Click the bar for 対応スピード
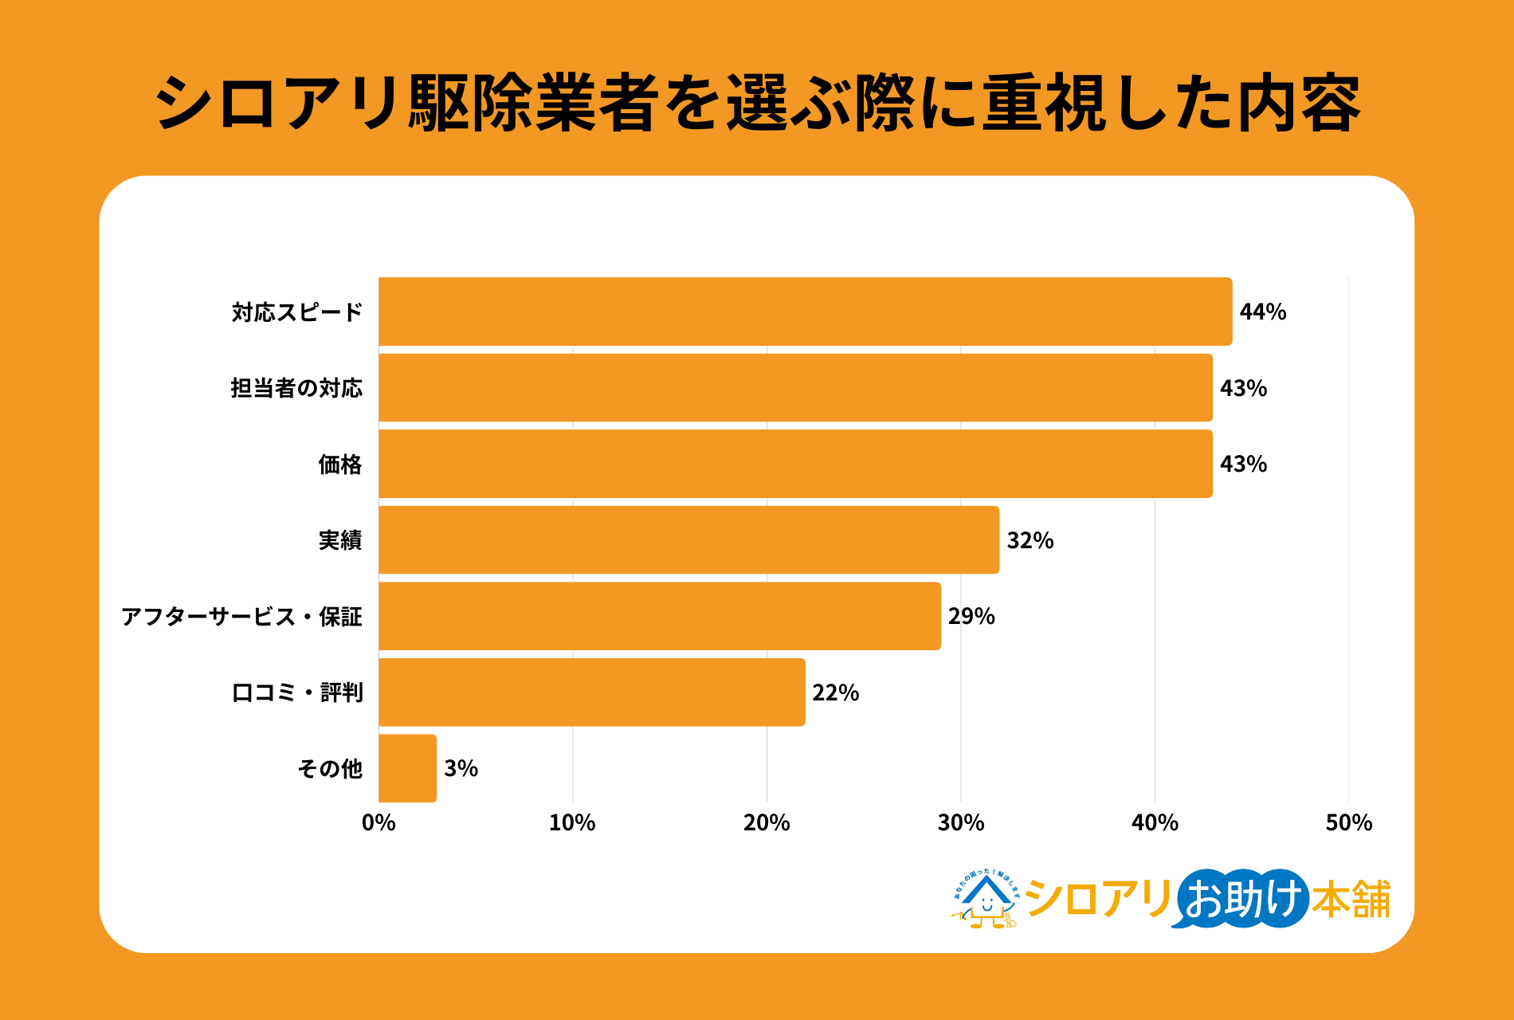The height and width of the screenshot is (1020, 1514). tap(805, 312)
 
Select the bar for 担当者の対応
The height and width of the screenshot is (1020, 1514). tap(795, 388)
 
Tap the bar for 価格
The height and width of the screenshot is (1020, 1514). tap(795, 464)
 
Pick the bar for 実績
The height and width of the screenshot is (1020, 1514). tap(688, 540)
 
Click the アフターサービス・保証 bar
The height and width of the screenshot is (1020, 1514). tap(660, 616)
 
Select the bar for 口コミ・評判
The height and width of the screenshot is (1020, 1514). tap(591, 692)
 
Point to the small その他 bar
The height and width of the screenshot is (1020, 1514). tap(407, 768)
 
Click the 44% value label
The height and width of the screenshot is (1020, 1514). tap(1262, 312)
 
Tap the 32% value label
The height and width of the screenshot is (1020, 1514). tap(1030, 540)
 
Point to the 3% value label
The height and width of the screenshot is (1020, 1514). tap(461, 768)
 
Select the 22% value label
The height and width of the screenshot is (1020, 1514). tap(835, 692)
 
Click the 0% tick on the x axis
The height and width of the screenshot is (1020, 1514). tap(378, 822)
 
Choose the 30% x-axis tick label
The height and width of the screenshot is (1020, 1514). tap(960, 822)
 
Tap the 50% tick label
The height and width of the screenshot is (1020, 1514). tap(1348, 822)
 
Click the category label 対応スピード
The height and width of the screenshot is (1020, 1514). tap(297, 312)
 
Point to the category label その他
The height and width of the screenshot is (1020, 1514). tap(330, 768)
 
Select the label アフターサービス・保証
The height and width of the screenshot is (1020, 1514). tap(241, 616)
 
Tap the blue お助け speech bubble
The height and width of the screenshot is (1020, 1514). tap(1241, 899)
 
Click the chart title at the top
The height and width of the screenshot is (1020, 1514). tap(757, 104)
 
